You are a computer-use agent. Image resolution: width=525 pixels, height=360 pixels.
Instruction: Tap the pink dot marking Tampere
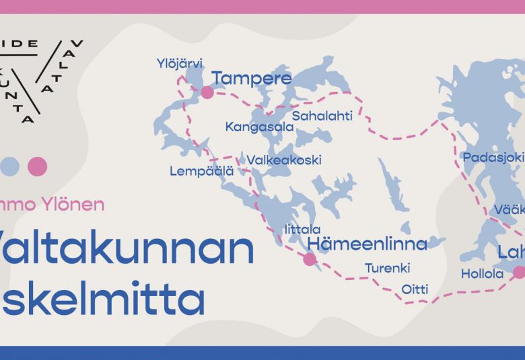(x=207, y=92)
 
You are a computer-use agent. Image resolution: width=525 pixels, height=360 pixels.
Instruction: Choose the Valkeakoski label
(x=284, y=160)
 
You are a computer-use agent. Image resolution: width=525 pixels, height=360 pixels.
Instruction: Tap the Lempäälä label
(x=201, y=172)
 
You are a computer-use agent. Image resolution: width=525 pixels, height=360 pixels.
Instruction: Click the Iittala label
(x=303, y=229)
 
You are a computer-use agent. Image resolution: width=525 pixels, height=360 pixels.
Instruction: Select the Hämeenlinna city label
(x=367, y=243)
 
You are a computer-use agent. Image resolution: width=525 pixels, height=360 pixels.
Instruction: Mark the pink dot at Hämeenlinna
(x=310, y=258)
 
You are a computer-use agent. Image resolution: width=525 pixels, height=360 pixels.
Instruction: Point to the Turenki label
(x=388, y=268)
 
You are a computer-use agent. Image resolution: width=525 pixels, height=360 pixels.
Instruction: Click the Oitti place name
(x=415, y=289)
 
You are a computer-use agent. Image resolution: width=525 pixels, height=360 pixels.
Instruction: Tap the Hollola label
(x=482, y=274)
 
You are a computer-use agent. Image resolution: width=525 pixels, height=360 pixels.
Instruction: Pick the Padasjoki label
(x=493, y=157)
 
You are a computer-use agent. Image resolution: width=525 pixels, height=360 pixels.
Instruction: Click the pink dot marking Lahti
(x=519, y=272)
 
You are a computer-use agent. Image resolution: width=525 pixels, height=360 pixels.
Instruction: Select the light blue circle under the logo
(x=9, y=166)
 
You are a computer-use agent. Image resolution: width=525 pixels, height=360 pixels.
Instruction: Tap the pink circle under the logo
(x=37, y=166)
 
